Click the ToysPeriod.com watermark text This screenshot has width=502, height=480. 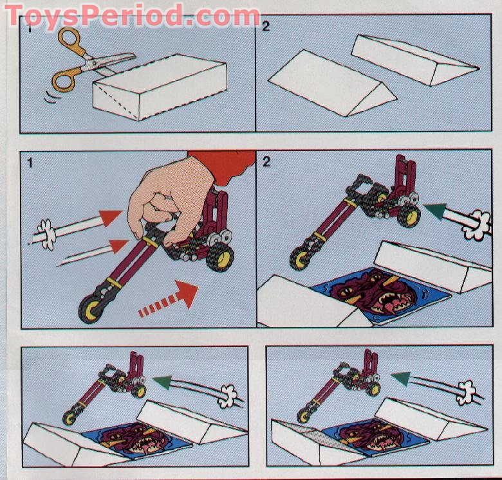point(132,14)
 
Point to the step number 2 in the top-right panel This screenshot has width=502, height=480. point(266,27)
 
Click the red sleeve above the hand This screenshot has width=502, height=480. point(222,166)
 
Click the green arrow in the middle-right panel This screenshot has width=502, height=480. point(441,212)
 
